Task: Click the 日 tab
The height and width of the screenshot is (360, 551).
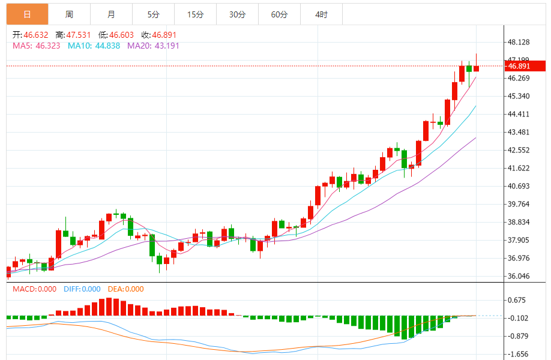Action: [28, 14]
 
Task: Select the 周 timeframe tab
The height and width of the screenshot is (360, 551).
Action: [69, 14]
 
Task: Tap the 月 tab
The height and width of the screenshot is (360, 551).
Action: [112, 14]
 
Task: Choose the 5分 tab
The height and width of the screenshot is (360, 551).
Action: [153, 14]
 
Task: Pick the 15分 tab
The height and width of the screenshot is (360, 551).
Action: [195, 14]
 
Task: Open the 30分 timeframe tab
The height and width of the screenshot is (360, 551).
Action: [237, 14]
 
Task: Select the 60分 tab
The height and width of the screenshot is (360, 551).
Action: [279, 14]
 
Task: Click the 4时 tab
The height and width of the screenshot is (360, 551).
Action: [321, 14]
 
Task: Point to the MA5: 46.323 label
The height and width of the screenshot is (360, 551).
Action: [36, 46]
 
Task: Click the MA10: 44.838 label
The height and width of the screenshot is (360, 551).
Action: [94, 46]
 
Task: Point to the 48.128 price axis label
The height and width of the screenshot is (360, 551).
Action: [519, 42]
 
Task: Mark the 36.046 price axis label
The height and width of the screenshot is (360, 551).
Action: [519, 276]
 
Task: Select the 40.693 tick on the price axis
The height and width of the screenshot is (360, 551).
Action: [519, 186]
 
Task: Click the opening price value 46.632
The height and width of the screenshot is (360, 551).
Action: [35, 35]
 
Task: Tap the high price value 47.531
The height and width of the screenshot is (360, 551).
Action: [78, 35]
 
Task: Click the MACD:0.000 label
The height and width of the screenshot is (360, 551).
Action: [34, 289]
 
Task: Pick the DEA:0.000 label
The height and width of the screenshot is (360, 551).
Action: [126, 289]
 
